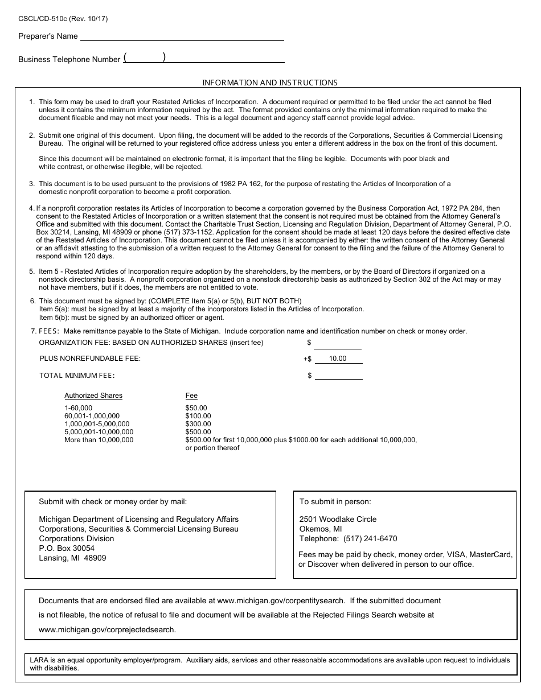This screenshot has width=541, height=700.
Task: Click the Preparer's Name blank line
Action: [x=182, y=36]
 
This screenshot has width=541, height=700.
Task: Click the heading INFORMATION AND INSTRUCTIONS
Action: [x=270, y=83]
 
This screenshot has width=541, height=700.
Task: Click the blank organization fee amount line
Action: [x=338, y=343]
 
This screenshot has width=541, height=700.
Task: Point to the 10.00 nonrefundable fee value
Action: [x=338, y=359]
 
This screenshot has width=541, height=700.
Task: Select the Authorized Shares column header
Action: [x=93, y=396]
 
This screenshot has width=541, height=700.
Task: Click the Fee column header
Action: [x=191, y=396]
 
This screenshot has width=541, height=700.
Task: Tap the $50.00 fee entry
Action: [x=196, y=408]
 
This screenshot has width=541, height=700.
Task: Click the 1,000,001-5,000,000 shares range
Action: [x=97, y=424]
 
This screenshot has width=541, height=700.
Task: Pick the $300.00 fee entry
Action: [x=198, y=424]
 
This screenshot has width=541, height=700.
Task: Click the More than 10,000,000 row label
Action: [x=99, y=440]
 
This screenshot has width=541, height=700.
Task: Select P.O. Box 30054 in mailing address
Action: [x=67, y=548]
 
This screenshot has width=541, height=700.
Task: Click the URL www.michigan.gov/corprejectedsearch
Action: [x=107, y=629]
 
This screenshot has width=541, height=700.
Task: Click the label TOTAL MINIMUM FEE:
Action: [x=77, y=376]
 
